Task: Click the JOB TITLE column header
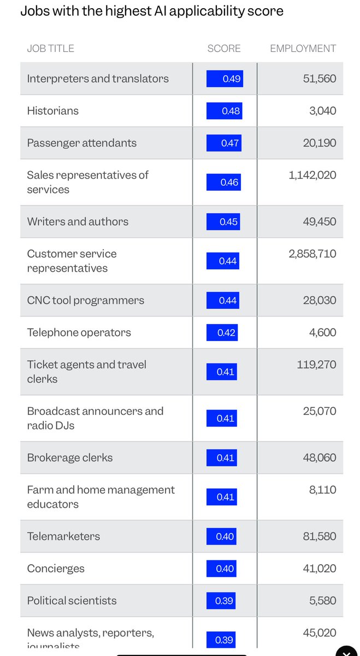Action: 50,49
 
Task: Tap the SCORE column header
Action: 224,49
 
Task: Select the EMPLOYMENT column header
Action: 303,49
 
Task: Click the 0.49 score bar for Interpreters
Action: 224,79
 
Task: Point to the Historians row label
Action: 53,111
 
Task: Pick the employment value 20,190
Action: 320,143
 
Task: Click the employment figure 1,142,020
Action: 312,175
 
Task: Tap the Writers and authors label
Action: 78,222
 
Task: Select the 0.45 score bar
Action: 223,222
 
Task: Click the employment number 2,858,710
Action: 312,254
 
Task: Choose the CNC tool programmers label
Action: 86,301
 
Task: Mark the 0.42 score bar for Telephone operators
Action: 222,332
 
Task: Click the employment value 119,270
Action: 316,365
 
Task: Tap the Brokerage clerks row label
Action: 70,458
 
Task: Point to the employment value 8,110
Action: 322,490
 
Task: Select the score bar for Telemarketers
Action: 221,537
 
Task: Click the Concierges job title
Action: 56,569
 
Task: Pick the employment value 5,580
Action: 322,601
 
